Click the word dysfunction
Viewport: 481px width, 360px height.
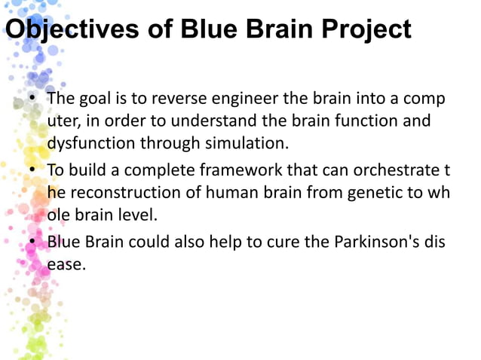(x=84, y=142)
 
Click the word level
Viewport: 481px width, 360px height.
(x=135, y=214)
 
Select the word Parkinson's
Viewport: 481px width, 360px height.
(x=377, y=242)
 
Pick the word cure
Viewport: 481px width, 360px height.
(x=277, y=242)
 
